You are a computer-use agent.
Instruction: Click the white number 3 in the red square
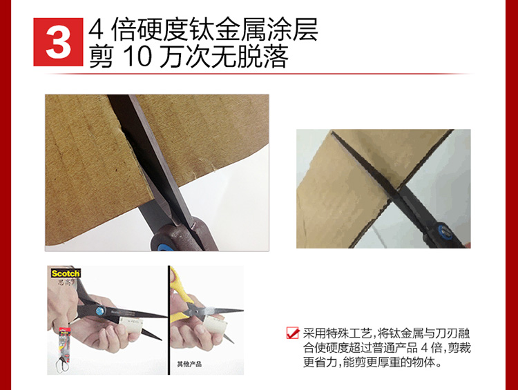[x=59, y=43]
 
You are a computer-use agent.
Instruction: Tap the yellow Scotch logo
[x=66, y=273]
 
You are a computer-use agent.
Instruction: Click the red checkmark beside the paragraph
[x=293, y=333]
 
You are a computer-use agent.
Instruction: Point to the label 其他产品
[x=189, y=364]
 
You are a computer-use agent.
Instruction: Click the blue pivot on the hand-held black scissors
[x=99, y=310]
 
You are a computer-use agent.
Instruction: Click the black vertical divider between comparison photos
[x=169, y=320]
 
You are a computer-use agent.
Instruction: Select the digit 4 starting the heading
[x=96, y=30]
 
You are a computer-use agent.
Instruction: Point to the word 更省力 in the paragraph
[x=320, y=362]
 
